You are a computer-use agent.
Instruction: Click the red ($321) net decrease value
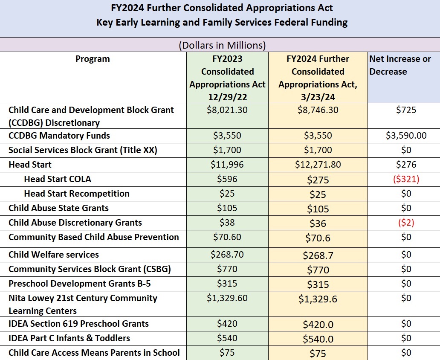click(406, 179)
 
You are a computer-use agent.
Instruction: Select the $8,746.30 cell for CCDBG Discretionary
click(318, 110)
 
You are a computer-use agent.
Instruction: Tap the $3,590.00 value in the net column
click(406, 136)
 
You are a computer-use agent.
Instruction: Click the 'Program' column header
click(93, 59)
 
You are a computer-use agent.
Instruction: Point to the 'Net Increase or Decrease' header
click(400, 65)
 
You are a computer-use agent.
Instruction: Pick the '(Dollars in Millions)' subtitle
click(222, 45)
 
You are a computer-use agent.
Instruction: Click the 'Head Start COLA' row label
click(58, 179)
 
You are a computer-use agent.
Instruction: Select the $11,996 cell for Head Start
click(227, 165)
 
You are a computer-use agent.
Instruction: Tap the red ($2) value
click(406, 223)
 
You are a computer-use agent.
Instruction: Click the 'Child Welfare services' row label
click(54, 254)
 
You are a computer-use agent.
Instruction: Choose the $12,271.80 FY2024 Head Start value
click(318, 165)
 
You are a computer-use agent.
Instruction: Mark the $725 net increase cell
click(406, 110)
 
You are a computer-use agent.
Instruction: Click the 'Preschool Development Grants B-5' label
click(80, 284)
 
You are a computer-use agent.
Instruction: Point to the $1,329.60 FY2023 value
click(227, 298)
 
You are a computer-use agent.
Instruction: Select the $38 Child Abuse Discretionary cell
click(227, 223)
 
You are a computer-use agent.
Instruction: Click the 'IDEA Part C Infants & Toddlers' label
click(69, 338)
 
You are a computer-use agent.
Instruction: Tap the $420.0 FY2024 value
click(318, 325)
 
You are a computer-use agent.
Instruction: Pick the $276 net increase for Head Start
click(406, 165)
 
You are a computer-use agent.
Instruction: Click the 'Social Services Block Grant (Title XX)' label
click(83, 150)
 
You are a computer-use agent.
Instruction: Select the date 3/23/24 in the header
click(318, 97)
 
